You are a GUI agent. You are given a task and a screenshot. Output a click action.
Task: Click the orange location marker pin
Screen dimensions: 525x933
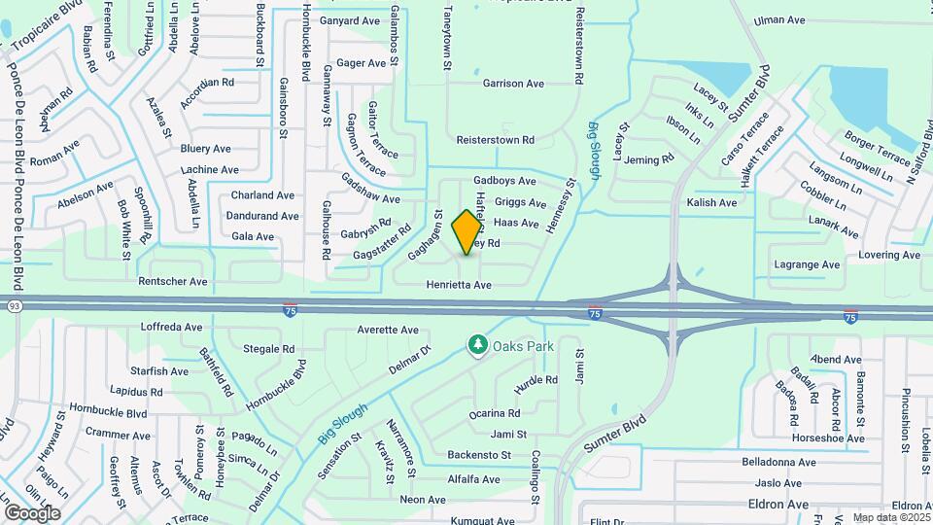pyautogui.click(x=467, y=230)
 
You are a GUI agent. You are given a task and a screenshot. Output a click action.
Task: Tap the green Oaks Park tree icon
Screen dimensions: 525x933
pyautogui.click(x=477, y=344)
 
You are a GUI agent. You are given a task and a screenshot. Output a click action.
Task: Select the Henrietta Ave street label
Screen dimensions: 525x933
pyautogui.click(x=459, y=285)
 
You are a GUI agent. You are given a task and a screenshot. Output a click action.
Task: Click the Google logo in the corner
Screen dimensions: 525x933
pyautogui.click(x=32, y=512)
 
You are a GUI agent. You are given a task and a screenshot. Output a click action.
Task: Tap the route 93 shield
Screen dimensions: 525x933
pyautogui.click(x=15, y=306)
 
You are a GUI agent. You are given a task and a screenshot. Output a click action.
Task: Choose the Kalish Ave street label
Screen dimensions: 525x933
pyautogui.click(x=712, y=202)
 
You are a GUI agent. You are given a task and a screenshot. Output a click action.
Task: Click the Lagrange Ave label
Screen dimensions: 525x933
pyautogui.click(x=806, y=264)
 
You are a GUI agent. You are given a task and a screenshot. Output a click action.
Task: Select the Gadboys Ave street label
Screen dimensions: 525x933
pyautogui.click(x=504, y=181)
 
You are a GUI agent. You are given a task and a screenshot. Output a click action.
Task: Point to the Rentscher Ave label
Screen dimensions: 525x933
pyautogui.click(x=173, y=282)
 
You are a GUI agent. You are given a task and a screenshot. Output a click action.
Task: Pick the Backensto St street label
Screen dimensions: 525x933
pyautogui.click(x=479, y=455)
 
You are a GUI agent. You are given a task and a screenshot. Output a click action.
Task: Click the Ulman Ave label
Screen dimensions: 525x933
pyautogui.click(x=781, y=19)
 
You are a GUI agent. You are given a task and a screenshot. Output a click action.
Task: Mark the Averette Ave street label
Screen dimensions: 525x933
pyautogui.click(x=388, y=330)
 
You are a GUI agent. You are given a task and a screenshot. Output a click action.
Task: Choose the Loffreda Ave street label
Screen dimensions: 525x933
pyautogui.click(x=172, y=327)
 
